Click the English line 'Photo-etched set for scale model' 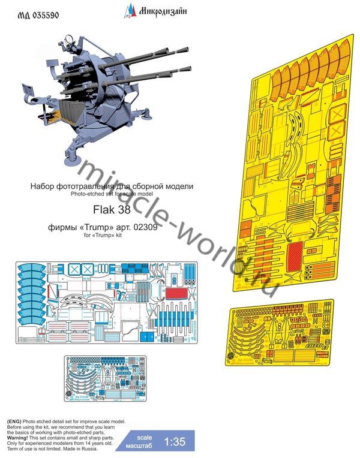(112, 195)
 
